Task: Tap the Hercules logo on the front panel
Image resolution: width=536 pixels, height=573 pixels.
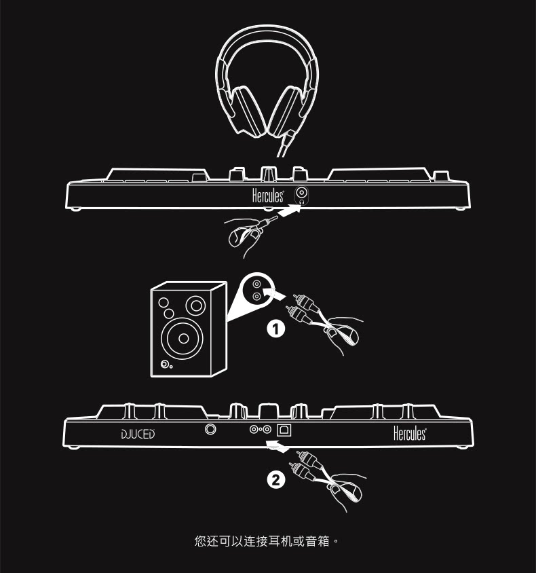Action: [x=268, y=196]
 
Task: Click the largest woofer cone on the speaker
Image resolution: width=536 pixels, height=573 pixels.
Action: [x=183, y=337]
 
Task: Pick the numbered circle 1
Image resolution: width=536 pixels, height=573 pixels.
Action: [x=274, y=329]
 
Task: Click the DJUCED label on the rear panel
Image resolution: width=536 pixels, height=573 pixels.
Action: [x=138, y=434]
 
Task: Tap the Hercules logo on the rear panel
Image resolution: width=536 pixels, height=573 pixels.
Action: [x=410, y=433]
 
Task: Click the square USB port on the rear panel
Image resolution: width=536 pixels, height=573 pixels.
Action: [x=286, y=429]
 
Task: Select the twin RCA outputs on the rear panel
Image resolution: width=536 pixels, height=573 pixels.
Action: [x=261, y=429]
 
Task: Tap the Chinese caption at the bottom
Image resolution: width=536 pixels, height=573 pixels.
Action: [x=266, y=541]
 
